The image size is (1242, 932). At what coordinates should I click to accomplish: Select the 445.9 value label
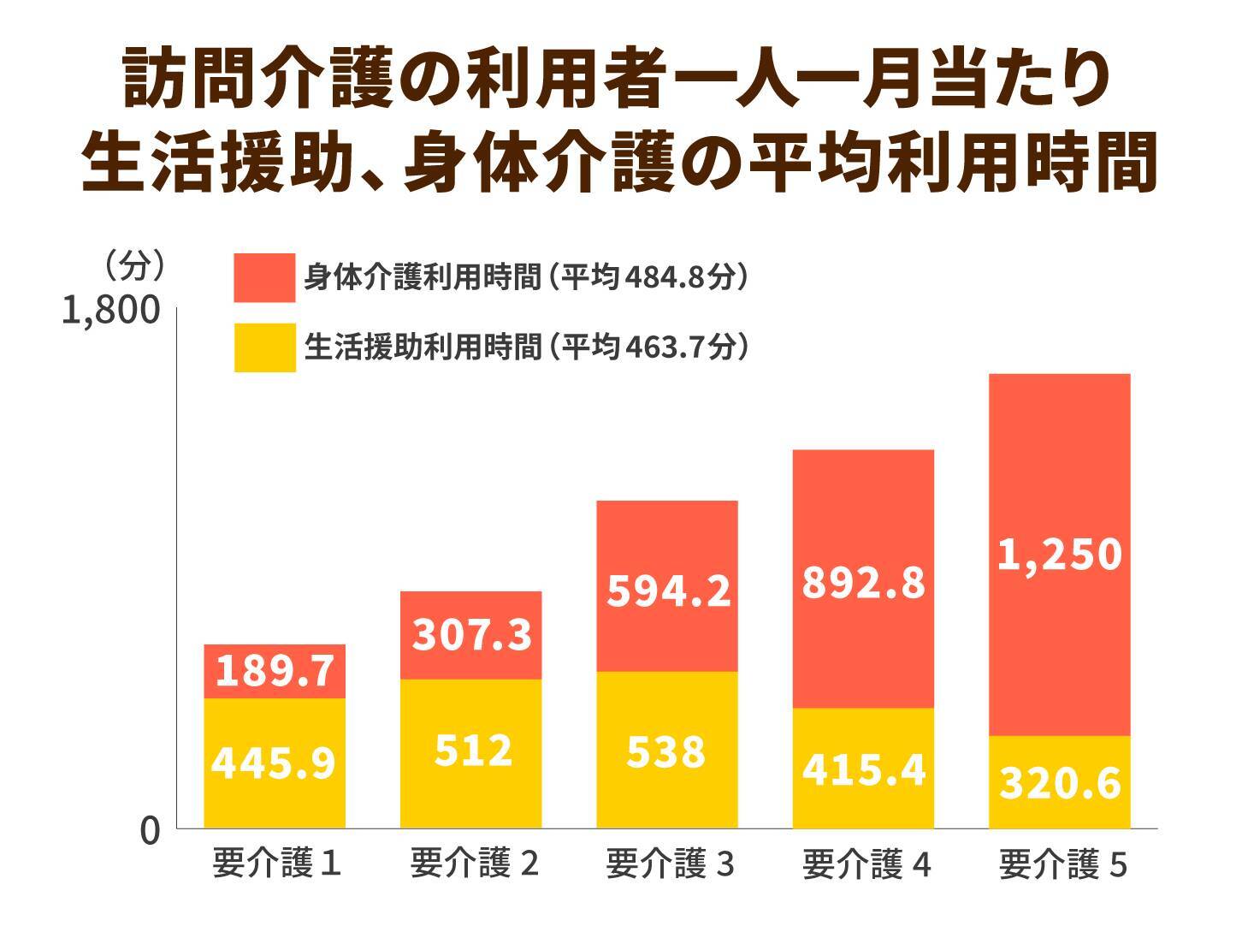click(x=274, y=763)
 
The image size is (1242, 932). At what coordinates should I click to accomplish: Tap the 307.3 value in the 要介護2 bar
click(x=472, y=635)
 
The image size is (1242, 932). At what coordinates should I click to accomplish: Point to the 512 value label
click(x=472, y=751)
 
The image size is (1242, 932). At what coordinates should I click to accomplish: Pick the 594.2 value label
click(x=668, y=591)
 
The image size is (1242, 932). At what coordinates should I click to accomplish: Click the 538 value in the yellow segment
click(x=666, y=751)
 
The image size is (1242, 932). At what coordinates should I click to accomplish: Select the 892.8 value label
click(x=864, y=583)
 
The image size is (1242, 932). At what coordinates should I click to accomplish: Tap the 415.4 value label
click(x=864, y=770)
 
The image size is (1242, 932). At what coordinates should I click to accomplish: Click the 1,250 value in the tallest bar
click(x=1060, y=555)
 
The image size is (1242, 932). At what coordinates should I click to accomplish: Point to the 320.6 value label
click(x=1060, y=783)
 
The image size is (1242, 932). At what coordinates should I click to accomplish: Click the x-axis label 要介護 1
click(x=276, y=864)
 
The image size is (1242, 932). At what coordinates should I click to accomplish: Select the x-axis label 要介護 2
click(x=474, y=864)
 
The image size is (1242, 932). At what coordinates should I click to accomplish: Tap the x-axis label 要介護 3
click(x=670, y=864)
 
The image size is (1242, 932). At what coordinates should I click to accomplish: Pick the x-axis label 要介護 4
click(x=866, y=865)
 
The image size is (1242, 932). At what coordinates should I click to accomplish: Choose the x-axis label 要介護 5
click(x=1062, y=865)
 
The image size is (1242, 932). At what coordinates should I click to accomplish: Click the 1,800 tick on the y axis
click(x=111, y=311)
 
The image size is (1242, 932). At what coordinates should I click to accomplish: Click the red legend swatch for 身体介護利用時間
click(x=264, y=277)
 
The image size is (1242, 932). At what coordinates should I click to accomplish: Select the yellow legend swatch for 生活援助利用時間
click(x=264, y=347)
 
